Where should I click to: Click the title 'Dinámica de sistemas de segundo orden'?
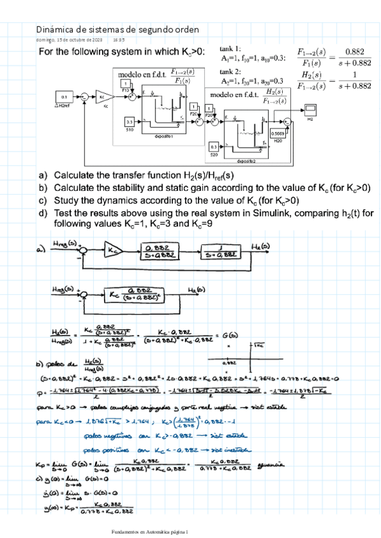pos(117,29)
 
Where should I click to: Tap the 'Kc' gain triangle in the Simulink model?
pos(103,97)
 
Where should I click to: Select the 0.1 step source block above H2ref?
pos(64,96)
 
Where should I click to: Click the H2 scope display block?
pos(311,108)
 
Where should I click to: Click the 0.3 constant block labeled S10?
pos(129,121)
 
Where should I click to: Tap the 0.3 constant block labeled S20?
pos(214,147)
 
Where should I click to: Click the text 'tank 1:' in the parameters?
pos(230,49)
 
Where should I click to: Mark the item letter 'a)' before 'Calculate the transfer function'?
pos(42,176)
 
